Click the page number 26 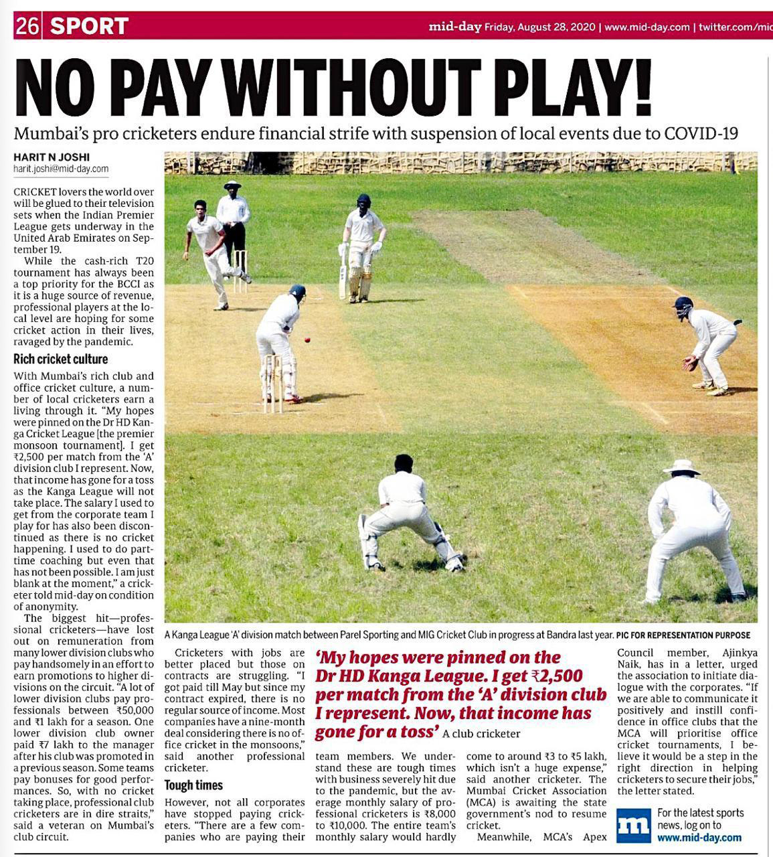(x=28, y=26)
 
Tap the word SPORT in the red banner (x=89, y=26)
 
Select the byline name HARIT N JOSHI (x=52, y=157)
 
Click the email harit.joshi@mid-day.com (x=61, y=169)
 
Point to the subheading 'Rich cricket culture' (x=61, y=359)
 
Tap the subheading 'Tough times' (x=193, y=785)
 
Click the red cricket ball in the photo (x=307, y=340)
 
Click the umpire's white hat (x=232, y=184)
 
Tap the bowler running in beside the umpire (x=213, y=251)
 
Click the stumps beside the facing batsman (x=272, y=383)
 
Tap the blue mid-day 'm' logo (x=632, y=826)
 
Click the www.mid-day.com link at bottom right (x=699, y=838)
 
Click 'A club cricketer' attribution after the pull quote (x=481, y=734)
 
